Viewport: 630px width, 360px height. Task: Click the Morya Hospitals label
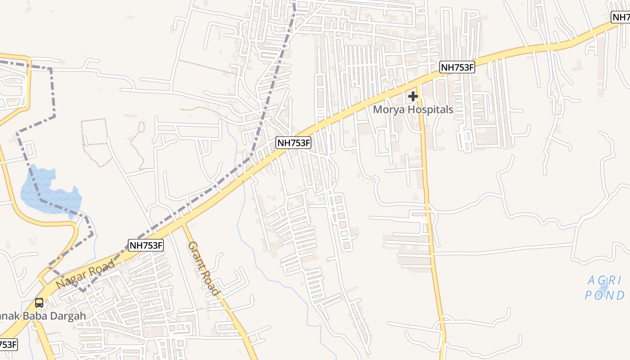coord(413,109)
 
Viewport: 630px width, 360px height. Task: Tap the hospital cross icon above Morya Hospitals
coord(413,96)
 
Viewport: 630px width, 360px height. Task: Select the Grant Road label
coord(204,268)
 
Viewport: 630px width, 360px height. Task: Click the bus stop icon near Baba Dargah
coord(39,303)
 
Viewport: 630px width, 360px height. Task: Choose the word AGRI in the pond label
coord(604,281)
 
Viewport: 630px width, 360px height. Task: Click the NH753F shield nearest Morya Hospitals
coord(457,67)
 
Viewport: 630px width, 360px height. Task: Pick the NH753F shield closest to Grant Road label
coord(146,245)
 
